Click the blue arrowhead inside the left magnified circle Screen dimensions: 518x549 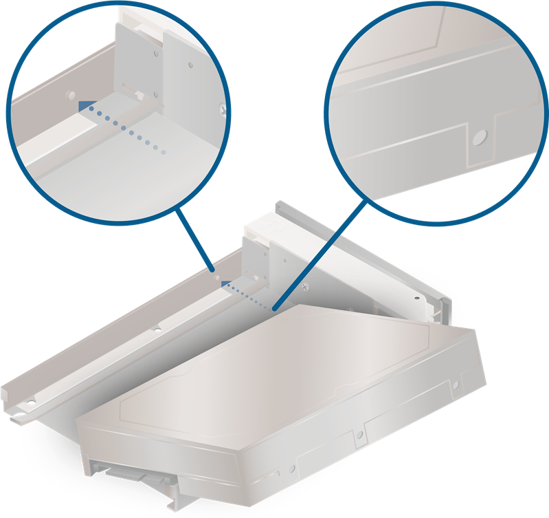click(x=86, y=107)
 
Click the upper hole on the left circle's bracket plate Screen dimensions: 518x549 click(x=157, y=52)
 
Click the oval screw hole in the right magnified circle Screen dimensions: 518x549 click(x=479, y=138)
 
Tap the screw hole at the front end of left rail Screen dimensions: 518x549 click(x=31, y=398)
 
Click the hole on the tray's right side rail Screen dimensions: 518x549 click(x=415, y=298)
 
